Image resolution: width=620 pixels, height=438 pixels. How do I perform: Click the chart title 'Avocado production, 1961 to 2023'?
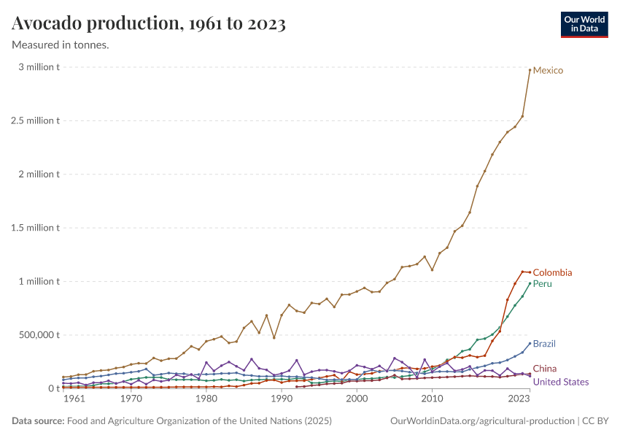pyautogui.click(x=149, y=24)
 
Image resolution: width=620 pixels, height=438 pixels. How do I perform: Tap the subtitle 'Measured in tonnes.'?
pyautogui.click(x=61, y=45)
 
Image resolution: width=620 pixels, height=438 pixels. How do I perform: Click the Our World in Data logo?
pyautogui.click(x=584, y=24)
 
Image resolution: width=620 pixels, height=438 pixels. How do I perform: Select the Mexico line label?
pyautogui.click(x=548, y=70)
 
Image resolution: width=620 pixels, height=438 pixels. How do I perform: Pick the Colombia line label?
pyautogui.click(x=552, y=273)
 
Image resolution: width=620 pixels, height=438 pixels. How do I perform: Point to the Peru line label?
pyautogui.click(x=543, y=284)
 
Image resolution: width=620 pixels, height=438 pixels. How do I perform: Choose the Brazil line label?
pyautogui.click(x=545, y=344)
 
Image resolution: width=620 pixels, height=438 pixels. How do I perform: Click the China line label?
pyautogui.click(x=545, y=369)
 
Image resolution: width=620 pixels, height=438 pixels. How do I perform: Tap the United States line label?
pyautogui.click(x=561, y=382)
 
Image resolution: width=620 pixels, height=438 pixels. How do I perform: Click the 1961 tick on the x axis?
pyautogui.click(x=74, y=400)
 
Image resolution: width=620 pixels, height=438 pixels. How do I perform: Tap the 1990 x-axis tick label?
pyautogui.click(x=282, y=400)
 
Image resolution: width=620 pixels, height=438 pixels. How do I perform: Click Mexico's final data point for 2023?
pyautogui.click(x=530, y=70)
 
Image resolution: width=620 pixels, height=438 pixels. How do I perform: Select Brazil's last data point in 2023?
pyautogui.click(x=530, y=343)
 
